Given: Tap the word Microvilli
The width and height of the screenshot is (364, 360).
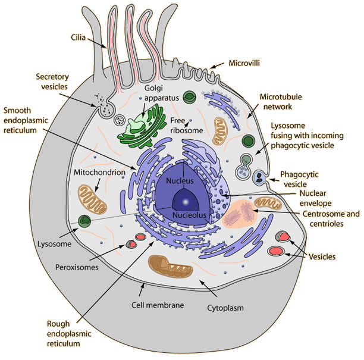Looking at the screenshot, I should pyautogui.click(x=246, y=62).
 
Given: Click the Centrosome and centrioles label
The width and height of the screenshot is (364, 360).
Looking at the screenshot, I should pyautogui.click(x=331, y=218).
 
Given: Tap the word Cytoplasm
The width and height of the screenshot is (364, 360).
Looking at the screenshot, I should pyautogui.click(x=226, y=308).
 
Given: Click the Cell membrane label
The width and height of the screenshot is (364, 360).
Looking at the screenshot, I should pyautogui.click(x=157, y=306).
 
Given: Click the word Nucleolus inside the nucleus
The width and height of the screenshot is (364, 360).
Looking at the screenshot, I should pyautogui.click(x=189, y=214).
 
